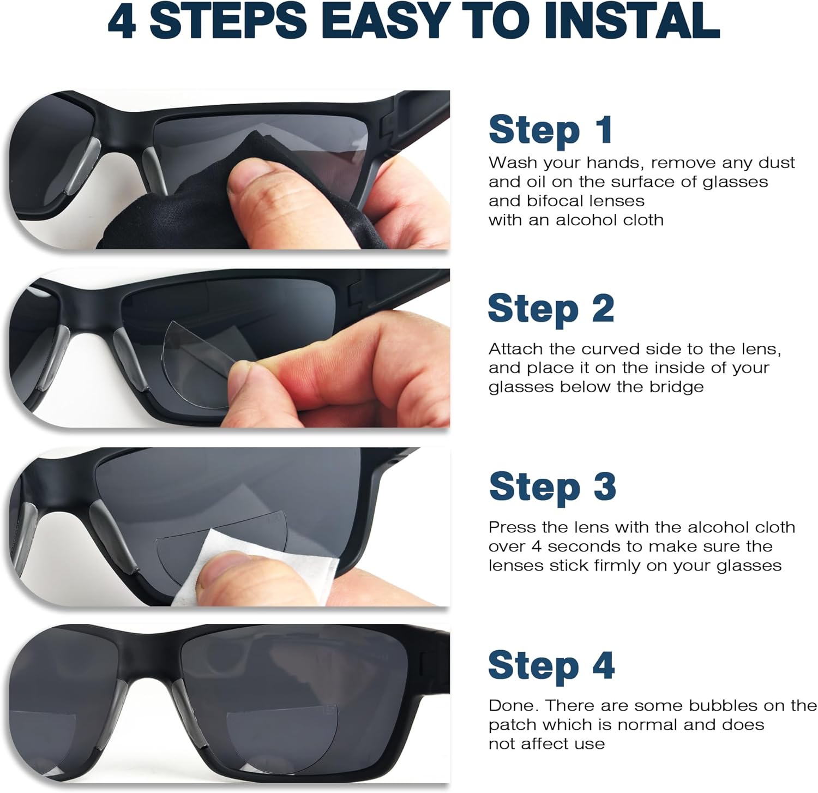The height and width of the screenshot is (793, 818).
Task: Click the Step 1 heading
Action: pyautogui.click(x=550, y=130)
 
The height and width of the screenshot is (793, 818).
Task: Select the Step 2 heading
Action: pyautogui.click(x=551, y=309)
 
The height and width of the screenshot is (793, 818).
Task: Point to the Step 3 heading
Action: pyautogui.click(x=552, y=486)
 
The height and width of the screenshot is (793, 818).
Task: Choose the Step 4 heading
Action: pyautogui.click(x=551, y=665)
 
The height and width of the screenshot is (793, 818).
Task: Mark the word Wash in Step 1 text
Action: pyautogui.click(x=509, y=163)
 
